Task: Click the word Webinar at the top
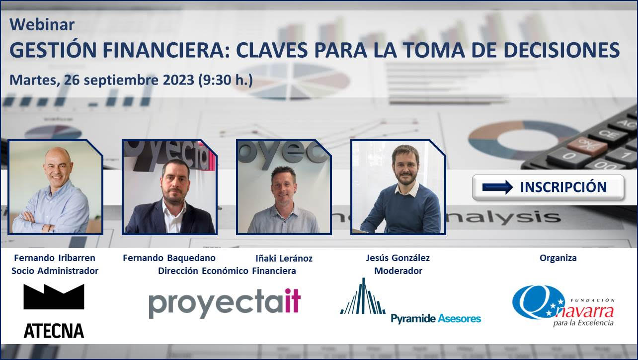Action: point(42,24)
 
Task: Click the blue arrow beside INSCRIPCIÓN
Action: point(497,187)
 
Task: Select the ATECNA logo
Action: point(54,311)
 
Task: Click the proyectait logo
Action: point(225,303)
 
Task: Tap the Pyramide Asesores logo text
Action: point(436,318)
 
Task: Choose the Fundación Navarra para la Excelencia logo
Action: point(563,306)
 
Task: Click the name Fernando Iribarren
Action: point(55,258)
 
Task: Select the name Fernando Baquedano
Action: point(169,258)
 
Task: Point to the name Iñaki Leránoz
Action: point(284,258)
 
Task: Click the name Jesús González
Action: point(398,258)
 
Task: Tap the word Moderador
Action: point(398,271)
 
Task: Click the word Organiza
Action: point(558,258)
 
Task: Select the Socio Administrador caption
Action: point(55,271)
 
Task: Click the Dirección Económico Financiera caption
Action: point(227,271)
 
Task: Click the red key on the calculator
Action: point(587,145)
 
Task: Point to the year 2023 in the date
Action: point(178,80)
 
